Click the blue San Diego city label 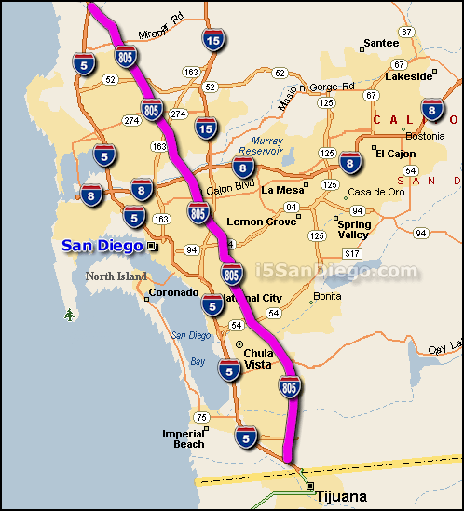click(x=102, y=246)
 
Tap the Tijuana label click(x=341, y=497)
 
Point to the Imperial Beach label click(x=183, y=439)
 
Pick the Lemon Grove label click(x=260, y=222)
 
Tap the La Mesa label click(x=283, y=190)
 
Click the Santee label click(x=380, y=42)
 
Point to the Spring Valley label click(x=354, y=229)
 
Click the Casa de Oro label click(x=374, y=192)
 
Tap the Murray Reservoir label click(x=260, y=145)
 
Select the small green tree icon click(x=69, y=315)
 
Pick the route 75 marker click(x=202, y=417)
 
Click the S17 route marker click(x=351, y=253)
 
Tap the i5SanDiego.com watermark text click(x=337, y=271)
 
